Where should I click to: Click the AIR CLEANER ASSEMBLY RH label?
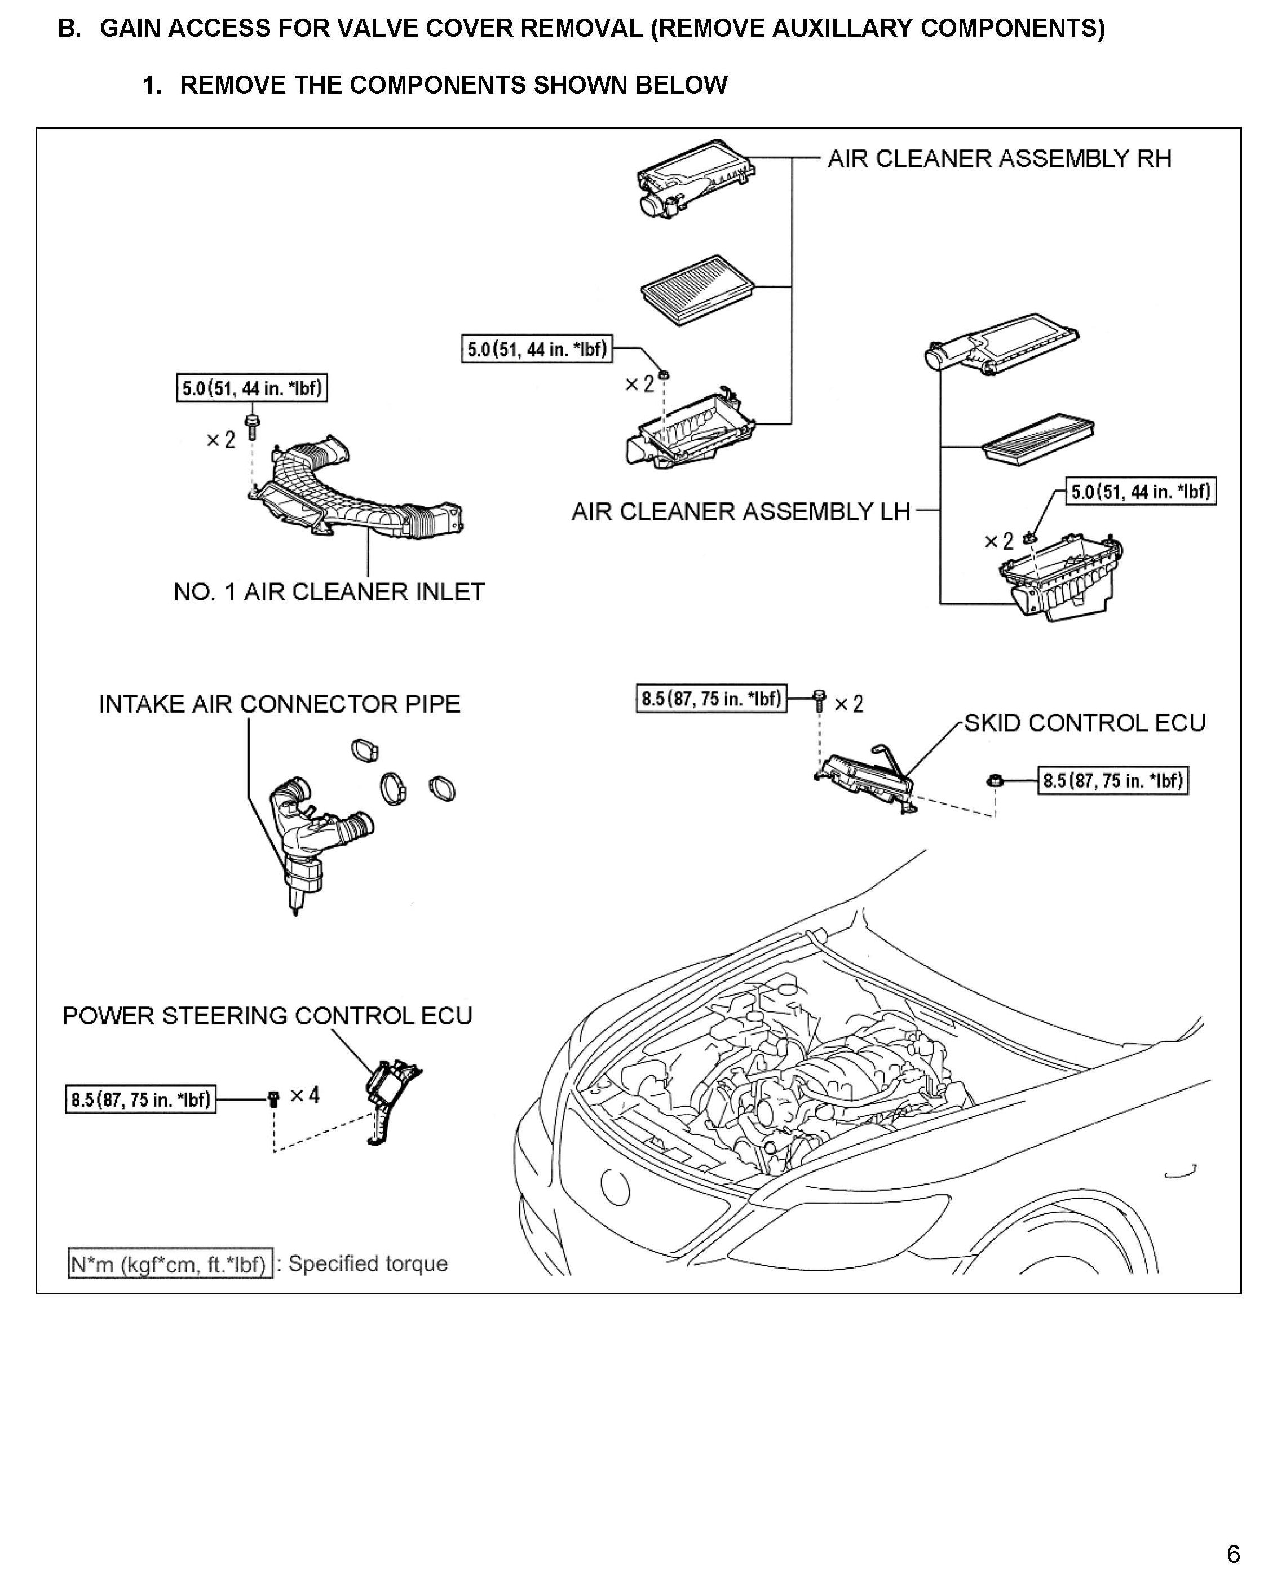(x=998, y=159)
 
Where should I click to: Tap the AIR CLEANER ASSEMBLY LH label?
(x=740, y=512)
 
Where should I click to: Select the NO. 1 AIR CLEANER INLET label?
(x=329, y=591)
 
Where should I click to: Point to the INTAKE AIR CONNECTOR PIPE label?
(x=279, y=704)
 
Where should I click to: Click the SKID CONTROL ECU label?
(x=1085, y=723)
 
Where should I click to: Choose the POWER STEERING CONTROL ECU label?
(x=267, y=1015)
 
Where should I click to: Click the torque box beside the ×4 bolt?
(x=141, y=1099)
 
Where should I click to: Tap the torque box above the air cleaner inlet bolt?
(x=251, y=388)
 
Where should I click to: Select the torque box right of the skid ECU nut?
(x=1112, y=781)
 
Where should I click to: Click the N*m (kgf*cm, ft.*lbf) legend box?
(x=170, y=1263)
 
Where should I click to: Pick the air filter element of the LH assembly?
(x=1038, y=436)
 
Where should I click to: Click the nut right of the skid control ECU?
(x=995, y=781)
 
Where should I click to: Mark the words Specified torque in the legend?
(x=368, y=1263)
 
